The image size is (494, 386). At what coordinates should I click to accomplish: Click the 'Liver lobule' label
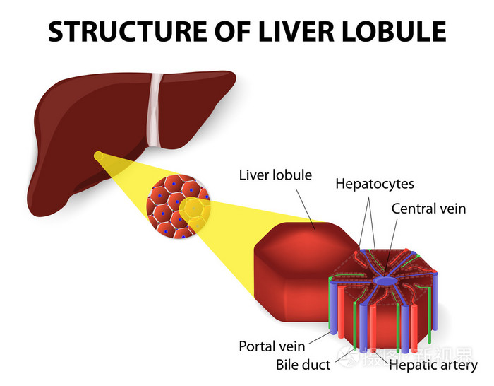coord(275,175)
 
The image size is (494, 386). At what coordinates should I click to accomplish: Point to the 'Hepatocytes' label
coord(374,184)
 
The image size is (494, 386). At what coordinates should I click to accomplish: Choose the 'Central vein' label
coord(428,209)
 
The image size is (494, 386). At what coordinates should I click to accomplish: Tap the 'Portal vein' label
coord(272,346)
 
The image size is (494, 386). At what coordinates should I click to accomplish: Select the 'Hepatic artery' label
coord(433,365)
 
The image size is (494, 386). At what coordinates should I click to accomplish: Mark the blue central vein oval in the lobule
coord(386,281)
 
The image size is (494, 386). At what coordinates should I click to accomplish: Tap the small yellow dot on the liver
coord(97,155)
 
